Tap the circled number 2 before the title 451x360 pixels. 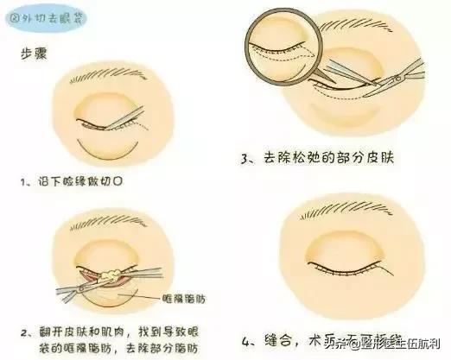point(17,16)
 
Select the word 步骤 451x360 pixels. point(34,53)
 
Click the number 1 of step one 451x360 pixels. point(29,183)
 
